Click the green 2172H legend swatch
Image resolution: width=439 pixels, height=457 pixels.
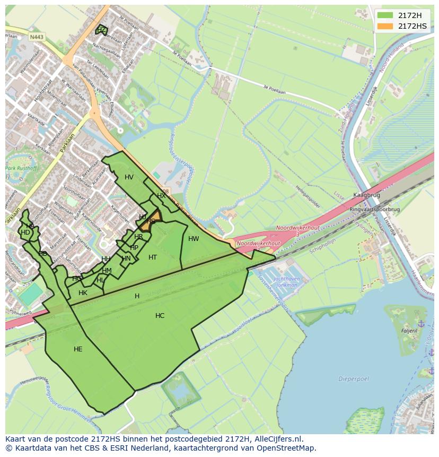point(385,15)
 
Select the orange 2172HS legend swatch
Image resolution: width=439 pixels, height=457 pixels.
point(385,26)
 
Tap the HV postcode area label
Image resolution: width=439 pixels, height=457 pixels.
point(129,177)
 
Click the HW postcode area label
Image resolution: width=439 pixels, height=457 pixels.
point(194,239)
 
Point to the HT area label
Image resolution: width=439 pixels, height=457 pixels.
point(153,257)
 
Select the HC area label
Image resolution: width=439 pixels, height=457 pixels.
point(160,316)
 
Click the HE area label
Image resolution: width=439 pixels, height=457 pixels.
point(78,349)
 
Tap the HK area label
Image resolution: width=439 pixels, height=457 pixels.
point(83,293)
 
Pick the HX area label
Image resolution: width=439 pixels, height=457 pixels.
point(161,196)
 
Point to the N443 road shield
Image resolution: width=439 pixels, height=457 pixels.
point(37,37)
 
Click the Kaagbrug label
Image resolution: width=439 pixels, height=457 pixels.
point(364,195)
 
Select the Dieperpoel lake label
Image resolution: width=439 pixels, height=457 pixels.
point(350,379)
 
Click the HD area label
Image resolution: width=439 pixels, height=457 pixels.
point(25,232)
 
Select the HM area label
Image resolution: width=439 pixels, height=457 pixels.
point(107,271)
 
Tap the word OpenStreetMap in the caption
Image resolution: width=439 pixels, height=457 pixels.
point(287,448)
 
